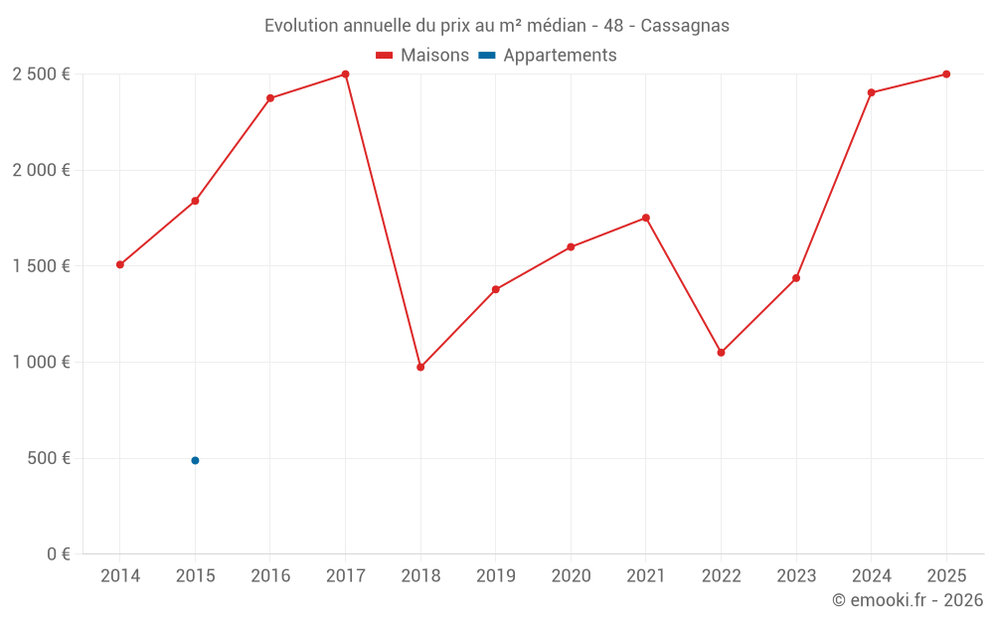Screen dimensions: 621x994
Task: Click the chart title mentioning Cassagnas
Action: [x=496, y=26]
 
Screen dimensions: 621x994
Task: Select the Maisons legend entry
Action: [x=422, y=56]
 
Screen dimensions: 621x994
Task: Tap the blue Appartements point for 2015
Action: [x=195, y=461]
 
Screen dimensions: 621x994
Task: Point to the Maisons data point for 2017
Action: [x=345, y=75]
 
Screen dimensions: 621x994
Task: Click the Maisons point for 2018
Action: [x=420, y=368]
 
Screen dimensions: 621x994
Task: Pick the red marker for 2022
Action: [x=721, y=353]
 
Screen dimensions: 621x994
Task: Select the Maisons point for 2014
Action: [x=120, y=265]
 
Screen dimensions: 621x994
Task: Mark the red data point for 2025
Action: [x=946, y=75]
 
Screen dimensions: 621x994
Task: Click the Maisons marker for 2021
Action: [x=646, y=218]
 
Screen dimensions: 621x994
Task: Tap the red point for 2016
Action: [x=270, y=98]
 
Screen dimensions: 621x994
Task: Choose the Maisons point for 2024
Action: [x=871, y=93]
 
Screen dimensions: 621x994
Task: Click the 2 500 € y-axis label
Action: [x=41, y=75]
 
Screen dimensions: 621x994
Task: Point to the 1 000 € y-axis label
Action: [x=41, y=363]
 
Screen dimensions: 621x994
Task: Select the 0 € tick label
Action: [x=58, y=554]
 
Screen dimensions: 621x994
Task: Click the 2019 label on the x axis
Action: [x=495, y=576]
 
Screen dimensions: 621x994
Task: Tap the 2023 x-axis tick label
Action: [x=796, y=576]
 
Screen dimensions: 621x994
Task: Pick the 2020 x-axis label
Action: [x=571, y=576]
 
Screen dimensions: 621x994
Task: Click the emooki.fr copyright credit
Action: [x=907, y=600]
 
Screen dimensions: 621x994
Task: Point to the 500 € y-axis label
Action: [x=48, y=459]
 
